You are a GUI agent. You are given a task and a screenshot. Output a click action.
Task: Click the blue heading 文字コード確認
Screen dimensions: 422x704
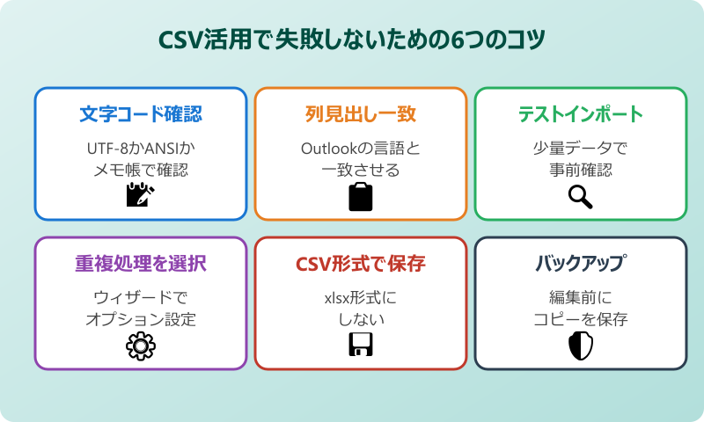click(x=141, y=114)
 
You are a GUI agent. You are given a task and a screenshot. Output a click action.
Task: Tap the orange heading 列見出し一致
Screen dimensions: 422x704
click(x=361, y=114)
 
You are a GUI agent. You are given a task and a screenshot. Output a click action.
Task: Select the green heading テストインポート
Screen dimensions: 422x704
click(x=581, y=114)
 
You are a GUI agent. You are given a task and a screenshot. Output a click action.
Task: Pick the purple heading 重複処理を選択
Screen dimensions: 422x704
click(x=141, y=264)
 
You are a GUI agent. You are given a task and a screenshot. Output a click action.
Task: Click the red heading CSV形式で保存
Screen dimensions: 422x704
click(x=361, y=264)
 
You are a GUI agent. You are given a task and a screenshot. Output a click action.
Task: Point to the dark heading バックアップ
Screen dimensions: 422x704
click(x=581, y=264)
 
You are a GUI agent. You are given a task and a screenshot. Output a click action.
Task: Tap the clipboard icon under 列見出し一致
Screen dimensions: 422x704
click(x=361, y=197)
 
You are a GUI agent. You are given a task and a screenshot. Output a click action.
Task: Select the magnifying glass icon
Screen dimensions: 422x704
click(x=581, y=197)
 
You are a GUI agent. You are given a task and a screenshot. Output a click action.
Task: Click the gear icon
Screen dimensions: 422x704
click(x=141, y=347)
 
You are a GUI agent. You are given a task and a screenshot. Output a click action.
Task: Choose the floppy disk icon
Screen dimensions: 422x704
click(x=361, y=347)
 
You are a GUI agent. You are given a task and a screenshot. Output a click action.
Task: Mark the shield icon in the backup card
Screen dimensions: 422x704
click(x=581, y=347)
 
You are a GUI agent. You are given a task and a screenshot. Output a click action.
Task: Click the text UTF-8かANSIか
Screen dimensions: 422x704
click(x=141, y=148)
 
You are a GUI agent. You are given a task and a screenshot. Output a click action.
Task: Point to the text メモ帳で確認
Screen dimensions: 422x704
click(x=141, y=170)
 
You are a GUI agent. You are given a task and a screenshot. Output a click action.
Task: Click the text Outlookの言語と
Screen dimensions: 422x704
click(x=361, y=148)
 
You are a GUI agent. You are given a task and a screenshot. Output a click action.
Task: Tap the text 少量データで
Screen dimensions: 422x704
click(x=581, y=148)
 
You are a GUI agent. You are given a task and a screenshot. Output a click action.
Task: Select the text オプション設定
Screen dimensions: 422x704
click(x=141, y=319)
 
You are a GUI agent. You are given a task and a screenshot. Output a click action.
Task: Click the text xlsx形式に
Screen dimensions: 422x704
click(x=361, y=297)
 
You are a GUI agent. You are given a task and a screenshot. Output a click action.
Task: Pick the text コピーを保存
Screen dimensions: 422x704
click(x=581, y=319)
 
